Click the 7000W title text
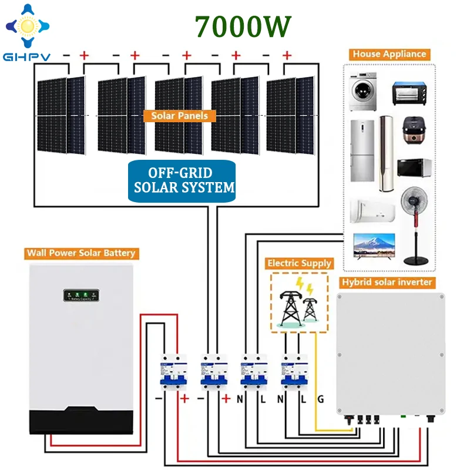[x=243, y=26]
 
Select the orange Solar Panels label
[x=179, y=116]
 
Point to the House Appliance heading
[x=389, y=54]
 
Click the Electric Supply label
[x=299, y=263]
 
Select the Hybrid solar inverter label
[x=388, y=283]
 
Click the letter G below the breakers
[x=320, y=399]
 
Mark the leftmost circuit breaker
[x=173, y=374]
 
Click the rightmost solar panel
[x=290, y=115]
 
